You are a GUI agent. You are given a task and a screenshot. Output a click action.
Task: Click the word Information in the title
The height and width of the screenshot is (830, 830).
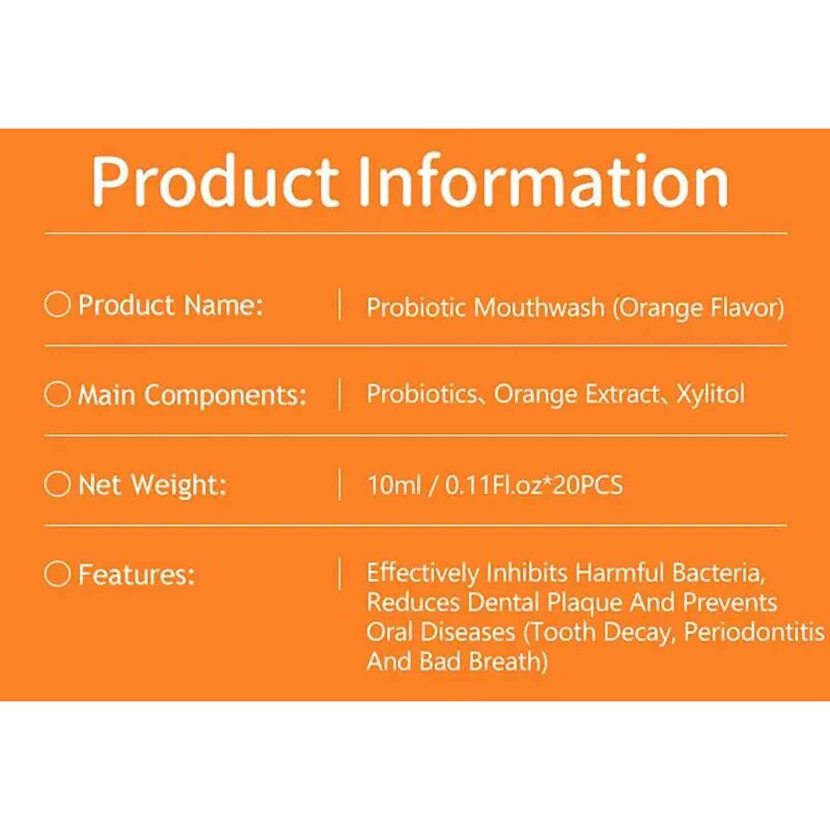pyautogui.click(x=543, y=181)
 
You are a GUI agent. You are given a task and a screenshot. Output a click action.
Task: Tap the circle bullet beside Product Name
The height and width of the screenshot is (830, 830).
pyautogui.click(x=57, y=304)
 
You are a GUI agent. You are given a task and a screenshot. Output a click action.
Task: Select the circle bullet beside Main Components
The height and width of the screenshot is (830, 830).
pyautogui.click(x=57, y=395)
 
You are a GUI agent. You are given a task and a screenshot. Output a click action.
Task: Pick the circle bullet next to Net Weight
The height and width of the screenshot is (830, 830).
pyautogui.click(x=57, y=484)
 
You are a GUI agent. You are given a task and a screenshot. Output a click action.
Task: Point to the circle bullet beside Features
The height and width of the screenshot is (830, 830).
pyautogui.click(x=57, y=574)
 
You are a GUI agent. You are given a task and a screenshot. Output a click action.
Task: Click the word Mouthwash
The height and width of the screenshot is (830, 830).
pyautogui.click(x=539, y=308)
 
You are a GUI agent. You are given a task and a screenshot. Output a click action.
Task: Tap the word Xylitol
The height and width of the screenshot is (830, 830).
pyautogui.click(x=710, y=394)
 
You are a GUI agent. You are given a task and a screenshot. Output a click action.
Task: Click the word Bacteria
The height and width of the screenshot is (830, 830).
pyautogui.click(x=718, y=573)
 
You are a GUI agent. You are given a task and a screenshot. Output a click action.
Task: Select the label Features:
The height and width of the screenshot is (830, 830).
pyautogui.click(x=136, y=574)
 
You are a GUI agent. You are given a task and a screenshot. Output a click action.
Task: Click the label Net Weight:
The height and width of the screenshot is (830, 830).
pyautogui.click(x=153, y=485)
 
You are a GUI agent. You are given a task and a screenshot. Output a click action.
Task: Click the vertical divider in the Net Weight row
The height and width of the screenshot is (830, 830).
pyautogui.click(x=339, y=484)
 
